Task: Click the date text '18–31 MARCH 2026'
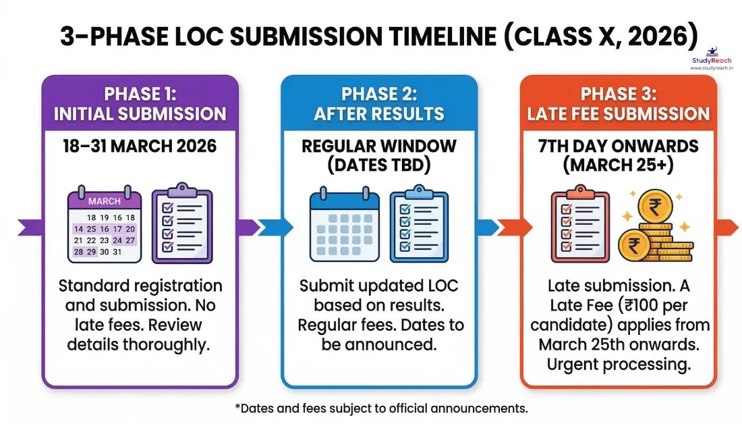coord(140,145)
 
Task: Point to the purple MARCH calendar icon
coord(105,227)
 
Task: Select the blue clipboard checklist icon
coord(418,225)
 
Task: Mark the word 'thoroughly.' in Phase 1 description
coord(172,344)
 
